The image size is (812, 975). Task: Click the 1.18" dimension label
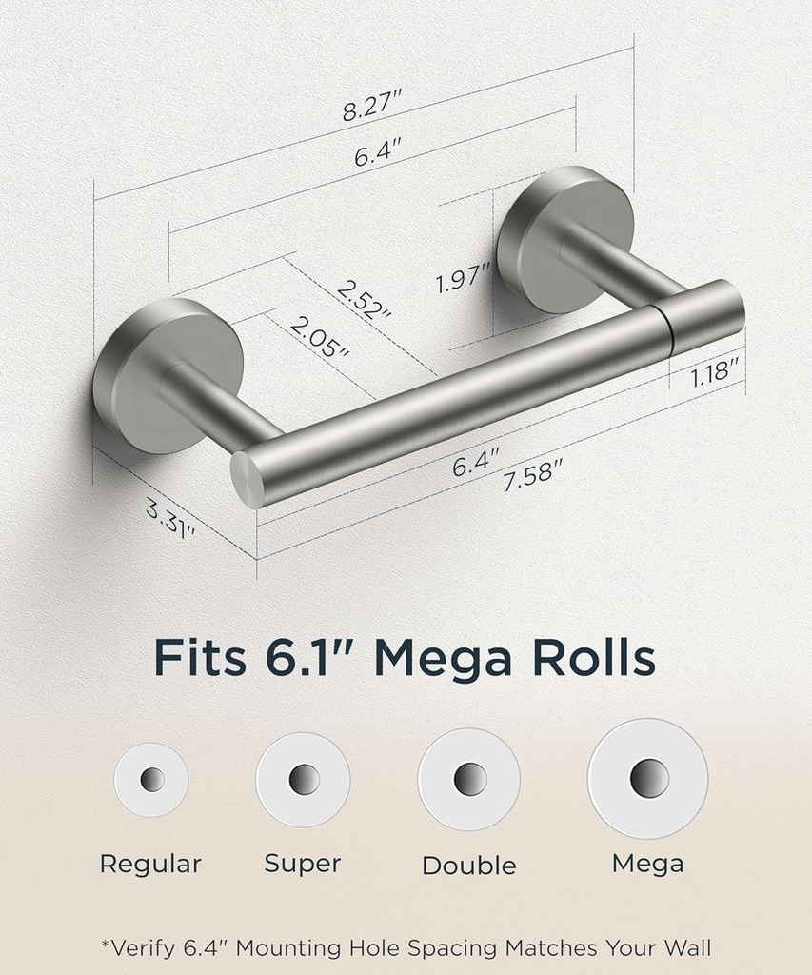tap(712, 371)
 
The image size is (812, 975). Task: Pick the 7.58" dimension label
tap(533, 473)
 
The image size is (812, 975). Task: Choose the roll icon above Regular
tap(151, 780)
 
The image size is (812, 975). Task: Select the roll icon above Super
tap(304, 779)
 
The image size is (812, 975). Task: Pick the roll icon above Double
tap(469, 779)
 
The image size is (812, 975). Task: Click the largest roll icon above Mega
tap(647, 778)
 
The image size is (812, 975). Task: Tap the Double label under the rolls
tap(469, 866)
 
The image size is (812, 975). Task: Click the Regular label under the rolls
tap(150, 865)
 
